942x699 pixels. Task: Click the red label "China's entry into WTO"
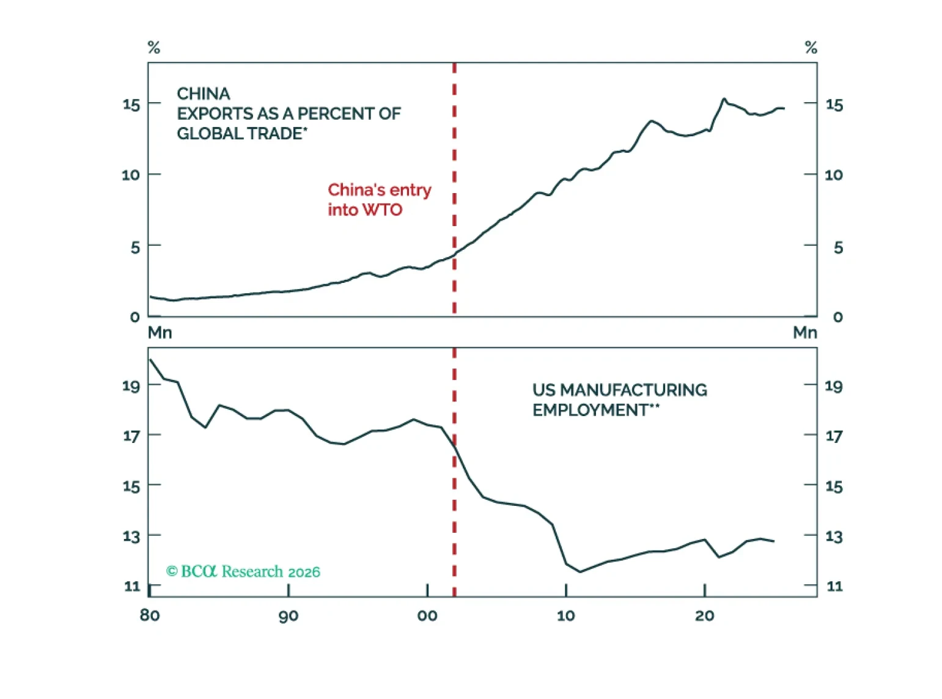coord(379,199)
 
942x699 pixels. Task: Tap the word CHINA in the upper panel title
coord(204,93)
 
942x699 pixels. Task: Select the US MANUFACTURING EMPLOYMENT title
coord(619,400)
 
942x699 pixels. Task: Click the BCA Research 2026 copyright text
coord(243,571)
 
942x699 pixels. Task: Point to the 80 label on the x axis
coord(150,615)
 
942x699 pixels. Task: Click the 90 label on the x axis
coord(289,615)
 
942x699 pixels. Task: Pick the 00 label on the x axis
coord(427,615)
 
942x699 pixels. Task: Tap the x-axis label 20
coord(704,615)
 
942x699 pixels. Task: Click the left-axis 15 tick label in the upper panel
coord(131,104)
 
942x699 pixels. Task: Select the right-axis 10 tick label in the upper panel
coord(834,175)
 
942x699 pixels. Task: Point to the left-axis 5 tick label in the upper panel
coord(135,247)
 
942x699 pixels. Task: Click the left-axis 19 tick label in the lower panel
coord(131,386)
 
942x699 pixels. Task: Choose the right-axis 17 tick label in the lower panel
coord(834,436)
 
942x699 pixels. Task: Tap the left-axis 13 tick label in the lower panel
coord(131,536)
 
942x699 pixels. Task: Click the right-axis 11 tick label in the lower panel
coord(834,587)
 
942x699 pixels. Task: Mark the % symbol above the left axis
coord(154,48)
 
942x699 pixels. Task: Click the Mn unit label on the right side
coord(804,332)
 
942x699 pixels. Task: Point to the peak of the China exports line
coord(724,98)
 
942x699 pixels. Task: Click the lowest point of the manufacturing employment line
coord(580,572)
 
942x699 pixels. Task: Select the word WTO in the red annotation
coord(382,210)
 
